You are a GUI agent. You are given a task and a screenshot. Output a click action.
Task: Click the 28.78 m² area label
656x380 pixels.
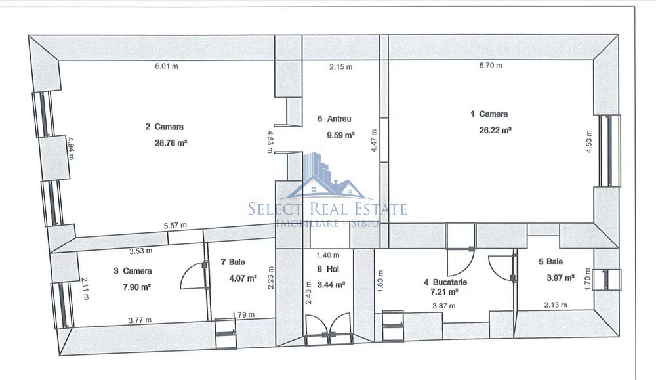coord(171,143)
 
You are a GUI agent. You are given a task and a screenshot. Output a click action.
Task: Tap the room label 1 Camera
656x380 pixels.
coord(489,114)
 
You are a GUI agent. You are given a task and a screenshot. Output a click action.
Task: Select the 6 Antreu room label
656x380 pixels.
coord(335,119)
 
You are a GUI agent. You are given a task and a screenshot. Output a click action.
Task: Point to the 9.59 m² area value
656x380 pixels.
coord(340,135)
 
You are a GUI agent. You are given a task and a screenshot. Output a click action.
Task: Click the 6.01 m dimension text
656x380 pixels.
coord(167,66)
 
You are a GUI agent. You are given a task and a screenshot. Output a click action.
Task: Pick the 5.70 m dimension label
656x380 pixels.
coord(491,65)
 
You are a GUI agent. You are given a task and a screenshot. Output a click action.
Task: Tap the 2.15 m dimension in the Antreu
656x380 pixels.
coord(340,66)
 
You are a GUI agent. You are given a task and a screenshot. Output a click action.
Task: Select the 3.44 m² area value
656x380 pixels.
coord(331,285)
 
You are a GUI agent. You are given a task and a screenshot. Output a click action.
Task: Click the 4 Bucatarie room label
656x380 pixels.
coord(445,282)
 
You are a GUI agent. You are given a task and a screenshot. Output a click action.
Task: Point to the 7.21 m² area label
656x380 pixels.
coord(444,291)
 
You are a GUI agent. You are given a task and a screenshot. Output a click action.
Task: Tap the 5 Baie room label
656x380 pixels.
coord(550,262)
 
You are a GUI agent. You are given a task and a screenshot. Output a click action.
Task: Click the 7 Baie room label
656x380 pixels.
coord(233,262)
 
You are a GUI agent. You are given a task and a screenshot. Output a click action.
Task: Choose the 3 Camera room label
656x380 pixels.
coord(133,271)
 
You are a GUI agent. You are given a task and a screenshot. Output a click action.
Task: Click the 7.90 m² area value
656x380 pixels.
coord(137,287)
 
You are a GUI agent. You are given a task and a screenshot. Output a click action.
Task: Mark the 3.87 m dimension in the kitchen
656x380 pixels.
coord(444,306)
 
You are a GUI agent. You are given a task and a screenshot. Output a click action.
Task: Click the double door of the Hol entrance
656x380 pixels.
coord(328,329)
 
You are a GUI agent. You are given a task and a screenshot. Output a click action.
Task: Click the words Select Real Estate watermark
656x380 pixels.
coord(327,209)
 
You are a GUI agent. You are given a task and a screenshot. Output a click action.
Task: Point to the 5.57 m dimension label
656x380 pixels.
coord(175,226)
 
